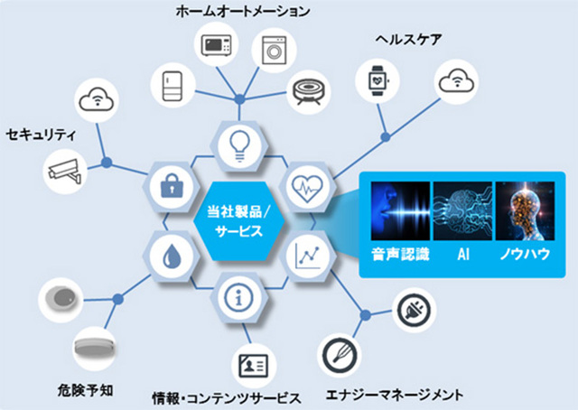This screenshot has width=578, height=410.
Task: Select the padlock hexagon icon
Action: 169,185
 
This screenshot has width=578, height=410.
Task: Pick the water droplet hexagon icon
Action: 169,256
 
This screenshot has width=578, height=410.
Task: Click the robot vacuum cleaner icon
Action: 309,89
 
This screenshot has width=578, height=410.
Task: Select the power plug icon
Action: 413,310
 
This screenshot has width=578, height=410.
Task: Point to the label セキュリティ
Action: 41,135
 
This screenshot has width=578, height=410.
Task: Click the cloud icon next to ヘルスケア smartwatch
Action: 455,82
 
